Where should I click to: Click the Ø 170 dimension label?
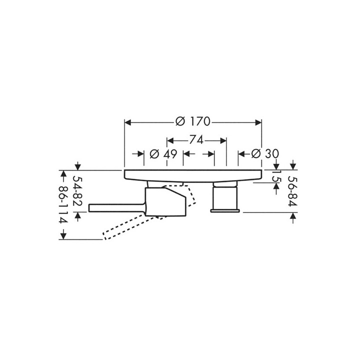pos(192,121)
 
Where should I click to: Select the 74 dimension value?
pos(196,140)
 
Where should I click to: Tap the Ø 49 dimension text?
pos(163,154)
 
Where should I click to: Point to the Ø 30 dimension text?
pos(265,153)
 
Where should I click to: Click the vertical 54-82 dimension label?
pos(78,191)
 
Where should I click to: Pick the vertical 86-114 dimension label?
pos(63,204)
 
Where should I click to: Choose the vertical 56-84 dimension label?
pos(293,191)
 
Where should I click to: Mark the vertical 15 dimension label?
pos(276,176)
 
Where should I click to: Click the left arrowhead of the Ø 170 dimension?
pos(127,122)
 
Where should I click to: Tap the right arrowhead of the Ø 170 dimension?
pos(258,122)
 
